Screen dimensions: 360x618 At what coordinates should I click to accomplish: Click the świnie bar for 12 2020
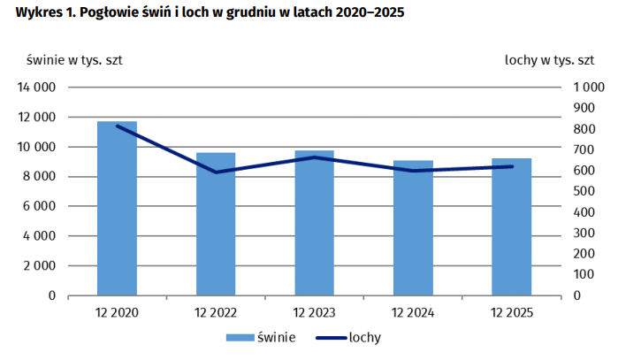[117, 209]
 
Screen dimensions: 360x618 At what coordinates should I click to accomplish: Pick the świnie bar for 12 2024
[413, 228]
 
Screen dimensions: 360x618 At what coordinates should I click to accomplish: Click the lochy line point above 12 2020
[117, 126]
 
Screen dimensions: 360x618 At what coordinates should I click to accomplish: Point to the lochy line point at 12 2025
[512, 166]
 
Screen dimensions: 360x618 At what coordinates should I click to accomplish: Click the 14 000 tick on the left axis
[37, 88]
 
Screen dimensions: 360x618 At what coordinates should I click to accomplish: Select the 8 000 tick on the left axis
[41, 177]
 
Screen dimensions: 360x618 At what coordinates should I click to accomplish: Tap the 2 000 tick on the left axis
[41, 266]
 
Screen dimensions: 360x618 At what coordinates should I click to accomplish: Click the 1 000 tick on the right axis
[588, 88]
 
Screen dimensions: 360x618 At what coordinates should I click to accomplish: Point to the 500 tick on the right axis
[584, 192]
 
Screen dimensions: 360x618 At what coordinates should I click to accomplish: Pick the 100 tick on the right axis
[584, 275]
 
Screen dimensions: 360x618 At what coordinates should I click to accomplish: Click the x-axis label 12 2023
[314, 312]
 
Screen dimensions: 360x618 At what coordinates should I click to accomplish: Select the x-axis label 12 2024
[413, 312]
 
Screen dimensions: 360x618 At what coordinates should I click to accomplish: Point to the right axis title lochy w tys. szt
[549, 60]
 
